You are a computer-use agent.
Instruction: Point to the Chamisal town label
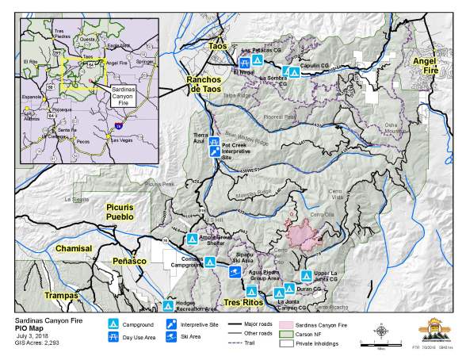tap(74, 249)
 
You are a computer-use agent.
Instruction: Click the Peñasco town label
tap(129, 260)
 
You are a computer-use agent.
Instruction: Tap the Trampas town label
tap(61, 295)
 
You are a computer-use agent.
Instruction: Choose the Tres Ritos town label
tap(243, 303)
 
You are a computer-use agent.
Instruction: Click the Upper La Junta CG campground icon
tap(307, 275)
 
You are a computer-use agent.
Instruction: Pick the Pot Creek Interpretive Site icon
tap(215, 151)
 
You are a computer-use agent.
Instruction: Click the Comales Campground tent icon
tap(209, 262)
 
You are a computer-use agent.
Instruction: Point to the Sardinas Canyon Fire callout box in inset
tap(122, 96)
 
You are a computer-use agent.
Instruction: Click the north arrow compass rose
tap(380, 331)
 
